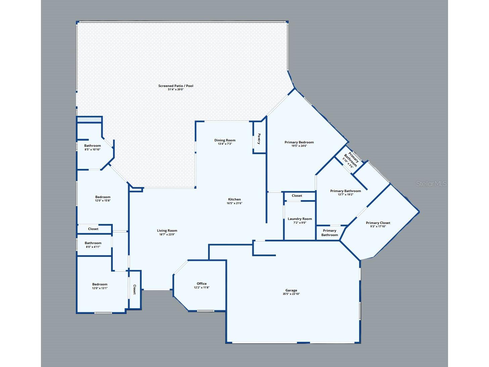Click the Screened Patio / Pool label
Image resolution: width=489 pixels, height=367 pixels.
coord(176,86)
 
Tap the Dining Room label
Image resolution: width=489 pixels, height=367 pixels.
coord(225,140)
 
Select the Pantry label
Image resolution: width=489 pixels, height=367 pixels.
coord(259,139)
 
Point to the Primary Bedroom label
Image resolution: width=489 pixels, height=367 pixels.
coord(299,142)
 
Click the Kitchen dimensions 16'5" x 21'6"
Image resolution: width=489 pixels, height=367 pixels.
coord(234,203)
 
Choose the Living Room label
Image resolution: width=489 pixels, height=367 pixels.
coord(167,231)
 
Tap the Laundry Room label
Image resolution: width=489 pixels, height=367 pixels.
coord(300,219)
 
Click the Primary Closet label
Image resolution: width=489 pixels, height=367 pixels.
coord(378,223)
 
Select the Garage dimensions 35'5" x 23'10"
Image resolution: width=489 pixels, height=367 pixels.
coord(291,294)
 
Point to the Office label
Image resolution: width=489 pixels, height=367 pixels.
coord(202,284)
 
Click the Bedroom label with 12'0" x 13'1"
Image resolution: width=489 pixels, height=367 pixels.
coord(100,284)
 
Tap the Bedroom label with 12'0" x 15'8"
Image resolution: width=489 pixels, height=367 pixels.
coord(103,197)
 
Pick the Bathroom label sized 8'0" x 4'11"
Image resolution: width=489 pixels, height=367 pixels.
coord(93,243)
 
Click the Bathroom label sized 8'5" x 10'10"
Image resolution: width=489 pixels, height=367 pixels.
coord(92,146)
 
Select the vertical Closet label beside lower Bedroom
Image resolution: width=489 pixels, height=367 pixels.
coord(135,289)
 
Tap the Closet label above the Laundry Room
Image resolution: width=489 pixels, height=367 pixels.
coord(297,196)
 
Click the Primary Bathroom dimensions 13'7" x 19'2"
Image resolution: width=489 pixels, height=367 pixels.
coord(346,194)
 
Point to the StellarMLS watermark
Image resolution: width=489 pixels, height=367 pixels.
coord(431,184)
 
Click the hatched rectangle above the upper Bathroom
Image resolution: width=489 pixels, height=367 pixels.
coord(89,120)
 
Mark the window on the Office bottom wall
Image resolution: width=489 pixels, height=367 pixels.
coord(206,311)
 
